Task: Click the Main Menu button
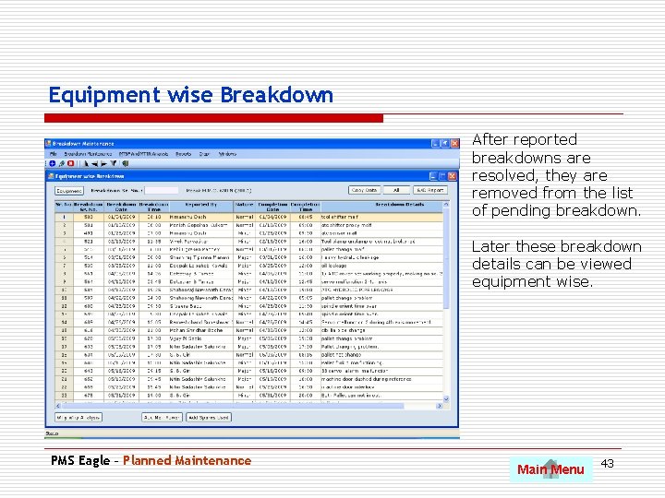[550, 469]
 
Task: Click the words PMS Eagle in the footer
[81, 460]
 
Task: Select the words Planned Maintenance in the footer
[187, 460]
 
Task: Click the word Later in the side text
[490, 246]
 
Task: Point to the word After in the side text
[490, 139]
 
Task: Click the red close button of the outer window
[454, 143]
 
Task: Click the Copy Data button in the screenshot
[365, 190]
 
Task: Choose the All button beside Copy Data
[394, 190]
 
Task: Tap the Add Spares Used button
[208, 417]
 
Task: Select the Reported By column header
[200, 205]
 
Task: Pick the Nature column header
[245, 205]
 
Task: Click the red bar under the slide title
[216, 118]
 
